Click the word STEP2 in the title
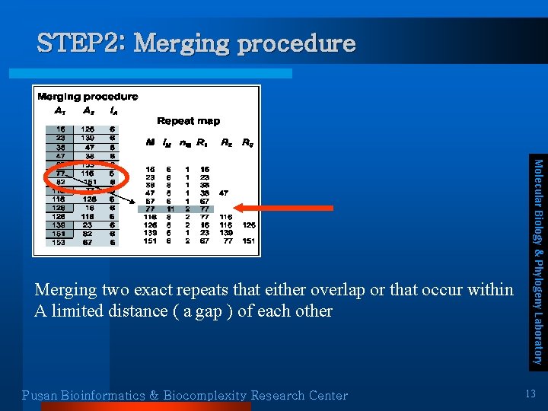click(x=80, y=43)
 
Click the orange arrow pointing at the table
click(x=261, y=206)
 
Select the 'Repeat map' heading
click(x=188, y=121)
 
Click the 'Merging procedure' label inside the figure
click(x=88, y=97)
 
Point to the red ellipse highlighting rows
click(x=84, y=178)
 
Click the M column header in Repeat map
click(x=150, y=142)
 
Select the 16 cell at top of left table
click(x=59, y=129)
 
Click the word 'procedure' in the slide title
click(x=296, y=43)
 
